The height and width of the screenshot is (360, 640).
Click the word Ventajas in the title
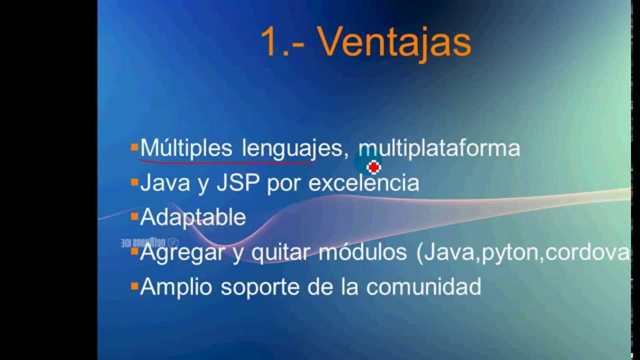387,43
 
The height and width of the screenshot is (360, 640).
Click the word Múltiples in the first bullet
186,148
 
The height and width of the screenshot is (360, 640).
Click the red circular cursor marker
373,167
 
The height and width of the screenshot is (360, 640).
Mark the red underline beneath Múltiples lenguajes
227,161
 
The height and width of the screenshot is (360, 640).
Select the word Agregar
182,253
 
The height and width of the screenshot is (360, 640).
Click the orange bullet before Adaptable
134,217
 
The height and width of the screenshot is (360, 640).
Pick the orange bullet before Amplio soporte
134,286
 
